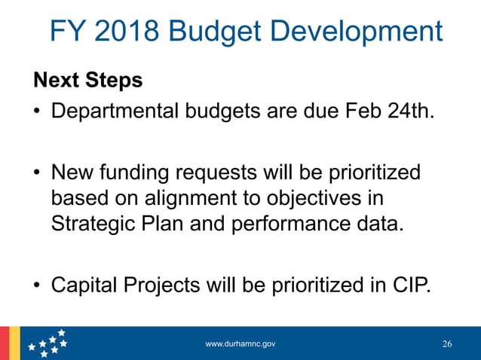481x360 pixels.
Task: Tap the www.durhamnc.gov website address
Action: [x=240, y=343]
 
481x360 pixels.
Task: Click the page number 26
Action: [x=447, y=344]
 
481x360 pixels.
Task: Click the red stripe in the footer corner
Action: [x=4, y=343]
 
